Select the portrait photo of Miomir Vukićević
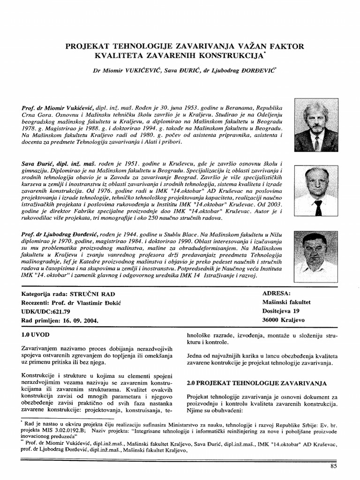[x=316, y=125]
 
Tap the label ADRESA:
[x=278, y=293]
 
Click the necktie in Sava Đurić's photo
[x=318, y=207]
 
